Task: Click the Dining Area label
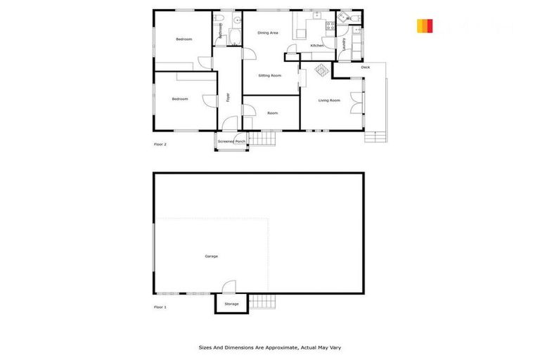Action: [x=268, y=32]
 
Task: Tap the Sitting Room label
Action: [x=269, y=75]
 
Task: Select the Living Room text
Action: [x=329, y=101]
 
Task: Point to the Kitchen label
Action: [x=317, y=46]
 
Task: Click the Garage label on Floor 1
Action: [x=211, y=256]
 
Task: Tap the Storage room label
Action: [x=231, y=304]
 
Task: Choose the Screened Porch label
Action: [x=231, y=141]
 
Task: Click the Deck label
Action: [x=365, y=67]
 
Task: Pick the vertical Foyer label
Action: [x=229, y=98]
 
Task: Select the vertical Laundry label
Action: [x=344, y=44]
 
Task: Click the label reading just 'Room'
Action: [x=272, y=113]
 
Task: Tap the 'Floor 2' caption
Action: [x=160, y=144]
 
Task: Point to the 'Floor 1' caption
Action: [x=160, y=307]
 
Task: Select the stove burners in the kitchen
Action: [x=329, y=25]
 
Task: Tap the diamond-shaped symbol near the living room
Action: [x=321, y=71]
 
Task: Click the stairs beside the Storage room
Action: [x=261, y=302]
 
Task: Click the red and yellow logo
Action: [x=424, y=26]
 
